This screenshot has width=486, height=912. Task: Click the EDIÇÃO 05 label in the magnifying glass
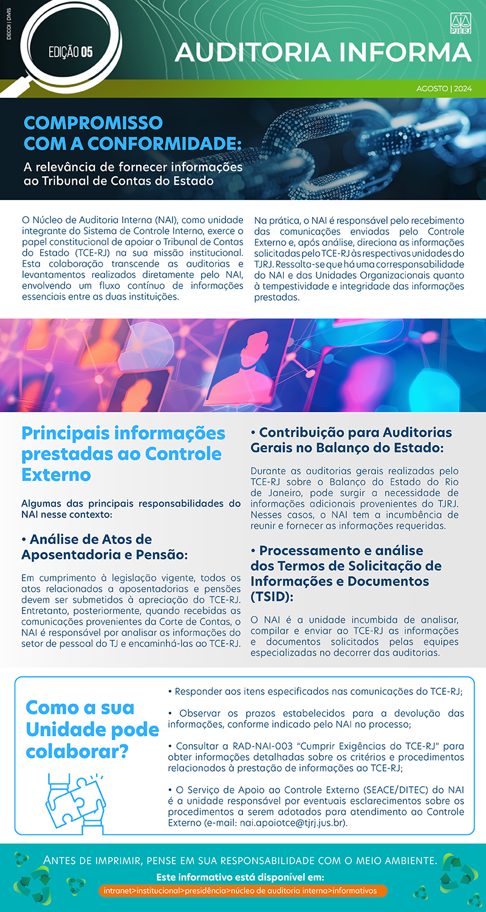pyautogui.click(x=70, y=52)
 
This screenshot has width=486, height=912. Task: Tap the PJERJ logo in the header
pyautogui.click(x=461, y=22)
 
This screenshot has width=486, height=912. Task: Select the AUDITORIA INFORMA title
pyautogui.click(x=323, y=52)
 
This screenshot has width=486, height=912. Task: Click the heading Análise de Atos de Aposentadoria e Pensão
pyautogui.click(x=104, y=547)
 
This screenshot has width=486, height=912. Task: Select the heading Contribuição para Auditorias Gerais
pyautogui.click(x=351, y=440)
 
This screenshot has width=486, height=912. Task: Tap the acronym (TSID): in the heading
pyautogui.click(x=272, y=596)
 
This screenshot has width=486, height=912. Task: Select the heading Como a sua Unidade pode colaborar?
pyautogui.click(x=92, y=729)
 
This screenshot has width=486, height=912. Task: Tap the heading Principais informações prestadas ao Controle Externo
pyautogui.click(x=123, y=454)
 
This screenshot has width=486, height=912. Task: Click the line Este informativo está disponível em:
pyautogui.click(x=240, y=877)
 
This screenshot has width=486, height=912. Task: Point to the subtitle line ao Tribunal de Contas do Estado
pyautogui.click(x=118, y=181)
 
